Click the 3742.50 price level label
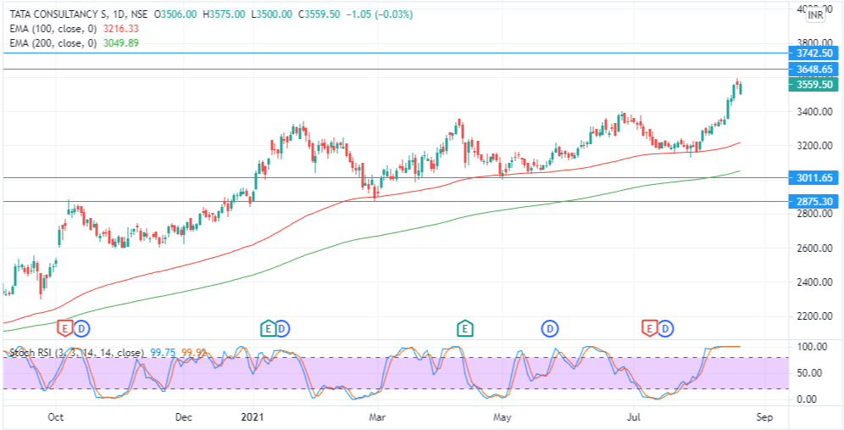(811, 53)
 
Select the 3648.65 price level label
(811, 69)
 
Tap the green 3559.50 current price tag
(811, 85)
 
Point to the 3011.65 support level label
(811, 178)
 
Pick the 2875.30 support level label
(811, 202)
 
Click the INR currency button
(816, 15)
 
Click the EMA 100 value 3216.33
(121, 28)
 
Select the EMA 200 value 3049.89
(121, 42)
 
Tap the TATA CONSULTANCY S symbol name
(58, 14)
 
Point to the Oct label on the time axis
(56, 417)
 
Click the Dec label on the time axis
(184, 417)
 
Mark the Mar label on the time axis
(379, 417)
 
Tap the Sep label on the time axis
(763, 417)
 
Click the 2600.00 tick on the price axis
(811, 248)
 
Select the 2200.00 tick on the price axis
(811, 316)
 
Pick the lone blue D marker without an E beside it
(550, 327)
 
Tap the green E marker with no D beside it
(464, 327)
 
